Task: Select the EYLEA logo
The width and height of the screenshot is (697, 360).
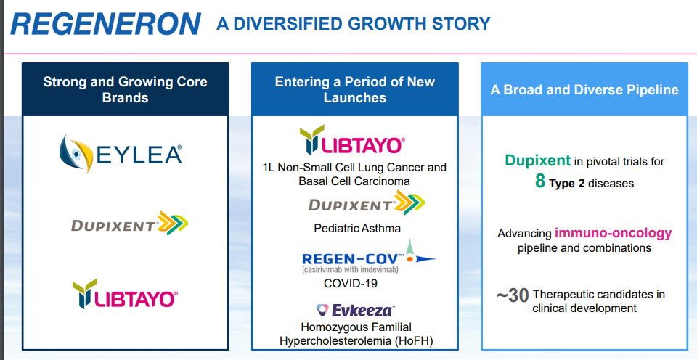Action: (x=121, y=154)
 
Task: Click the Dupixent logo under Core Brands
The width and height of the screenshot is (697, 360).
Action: (x=129, y=223)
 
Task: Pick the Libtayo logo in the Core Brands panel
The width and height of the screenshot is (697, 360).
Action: (x=126, y=294)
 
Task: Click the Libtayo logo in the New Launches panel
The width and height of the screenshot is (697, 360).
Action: (x=353, y=139)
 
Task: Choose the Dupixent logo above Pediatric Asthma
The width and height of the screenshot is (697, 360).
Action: (x=367, y=202)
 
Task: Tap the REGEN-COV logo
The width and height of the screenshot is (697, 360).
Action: (x=369, y=257)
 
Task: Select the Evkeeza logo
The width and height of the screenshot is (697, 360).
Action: (x=355, y=310)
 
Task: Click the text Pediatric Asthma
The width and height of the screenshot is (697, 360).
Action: (x=357, y=229)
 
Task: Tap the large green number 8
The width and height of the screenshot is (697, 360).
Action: (x=540, y=181)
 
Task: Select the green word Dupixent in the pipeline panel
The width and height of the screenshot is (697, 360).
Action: (x=537, y=160)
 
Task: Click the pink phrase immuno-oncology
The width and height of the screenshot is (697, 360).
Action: (x=613, y=233)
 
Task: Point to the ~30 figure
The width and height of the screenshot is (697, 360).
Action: (x=513, y=295)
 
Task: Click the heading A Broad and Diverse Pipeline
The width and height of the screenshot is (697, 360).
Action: (x=584, y=90)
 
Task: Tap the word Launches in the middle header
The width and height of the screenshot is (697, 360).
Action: (x=355, y=98)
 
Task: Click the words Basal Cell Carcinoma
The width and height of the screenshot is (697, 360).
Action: (x=354, y=181)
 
